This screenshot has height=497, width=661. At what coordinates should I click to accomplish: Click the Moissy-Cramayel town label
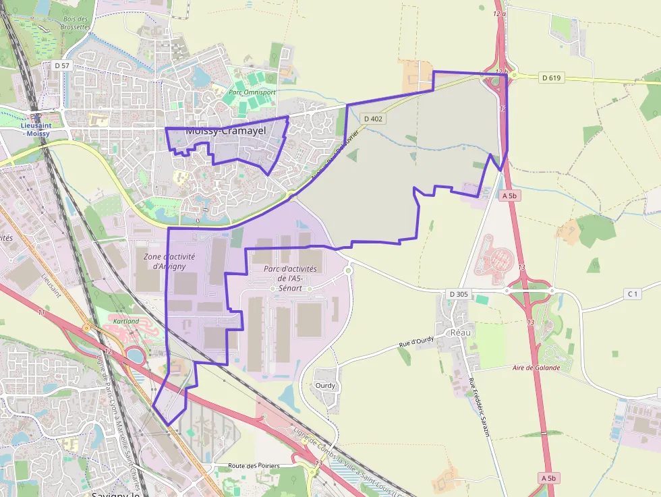tap(225, 131)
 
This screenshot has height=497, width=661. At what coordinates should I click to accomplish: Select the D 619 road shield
tap(551, 78)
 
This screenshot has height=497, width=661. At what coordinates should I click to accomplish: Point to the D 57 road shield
tap(61, 65)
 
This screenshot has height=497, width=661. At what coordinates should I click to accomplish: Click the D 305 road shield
tap(459, 294)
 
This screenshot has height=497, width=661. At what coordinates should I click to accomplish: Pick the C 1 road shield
tap(632, 294)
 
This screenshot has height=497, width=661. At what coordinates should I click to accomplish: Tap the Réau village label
tap(461, 332)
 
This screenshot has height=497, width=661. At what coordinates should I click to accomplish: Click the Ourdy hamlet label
tap(325, 386)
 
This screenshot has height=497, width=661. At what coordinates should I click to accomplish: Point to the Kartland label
tap(126, 322)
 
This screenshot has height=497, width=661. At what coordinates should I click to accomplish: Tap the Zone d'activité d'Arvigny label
tap(169, 261)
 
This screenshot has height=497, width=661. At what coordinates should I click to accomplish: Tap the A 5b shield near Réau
tap(509, 196)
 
